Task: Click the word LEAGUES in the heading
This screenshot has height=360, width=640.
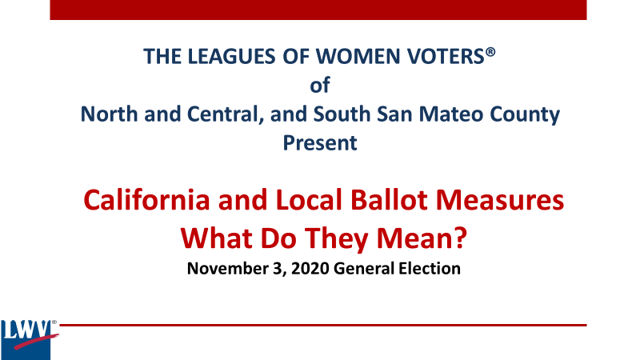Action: click(222, 57)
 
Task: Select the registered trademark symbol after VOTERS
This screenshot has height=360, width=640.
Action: click(490, 51)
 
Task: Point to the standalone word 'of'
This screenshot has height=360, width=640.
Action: click(319, 86)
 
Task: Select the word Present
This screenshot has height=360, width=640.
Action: click(319, 144)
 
